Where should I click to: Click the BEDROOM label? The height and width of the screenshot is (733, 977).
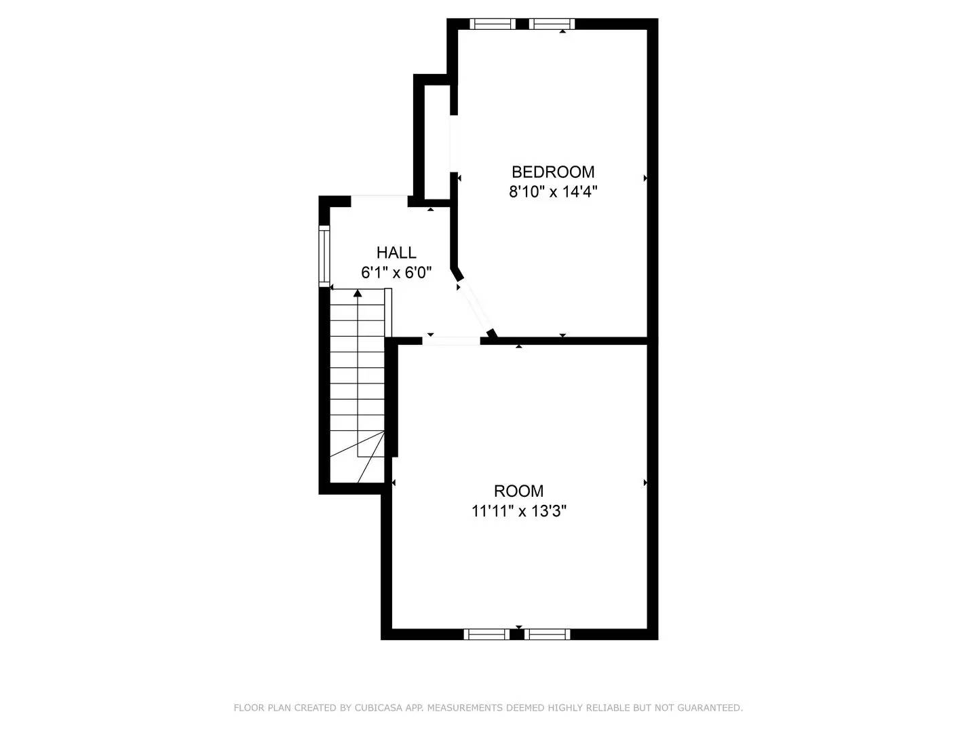[552, 172]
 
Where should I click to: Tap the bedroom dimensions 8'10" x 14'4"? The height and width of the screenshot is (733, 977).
[552, 192]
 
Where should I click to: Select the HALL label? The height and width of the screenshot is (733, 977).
[396, 253]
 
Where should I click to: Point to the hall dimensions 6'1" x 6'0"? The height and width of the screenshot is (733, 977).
[396, 273]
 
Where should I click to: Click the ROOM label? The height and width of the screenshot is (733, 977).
[518, 491]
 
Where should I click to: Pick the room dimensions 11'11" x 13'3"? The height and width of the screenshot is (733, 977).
[518, 511]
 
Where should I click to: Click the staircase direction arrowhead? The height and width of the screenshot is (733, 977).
[358, 293]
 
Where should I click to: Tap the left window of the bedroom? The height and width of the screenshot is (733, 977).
[493, 24]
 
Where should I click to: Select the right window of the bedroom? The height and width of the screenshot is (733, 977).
[552, 24]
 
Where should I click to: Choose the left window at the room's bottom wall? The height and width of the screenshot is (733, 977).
[486, 634]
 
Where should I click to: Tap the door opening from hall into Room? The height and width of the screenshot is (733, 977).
[451, 340]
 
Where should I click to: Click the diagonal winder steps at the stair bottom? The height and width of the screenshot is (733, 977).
[370, 458]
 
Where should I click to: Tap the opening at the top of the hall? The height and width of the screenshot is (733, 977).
[379, 198]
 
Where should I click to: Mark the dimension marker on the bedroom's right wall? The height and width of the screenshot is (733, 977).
[645, 178]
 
